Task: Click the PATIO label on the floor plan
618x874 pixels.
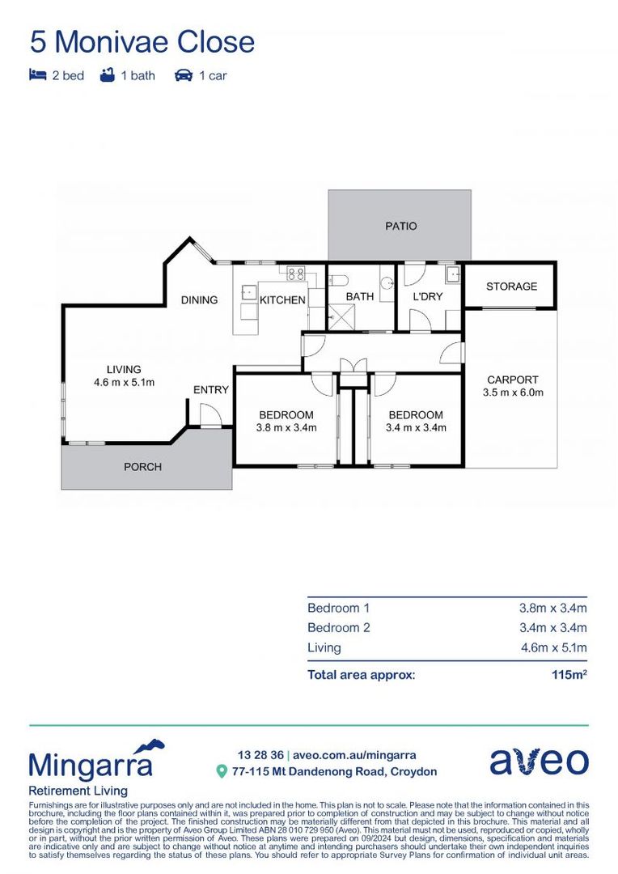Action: tap(400, 226)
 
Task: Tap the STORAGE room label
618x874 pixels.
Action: tap(511, 286)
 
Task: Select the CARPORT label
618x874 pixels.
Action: tap(512, 380)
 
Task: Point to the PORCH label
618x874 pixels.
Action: tap(142, 467)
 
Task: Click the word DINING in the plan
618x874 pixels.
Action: tap(199, 299)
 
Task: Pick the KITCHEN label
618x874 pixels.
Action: tap(282, 300)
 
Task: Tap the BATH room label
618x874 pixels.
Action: tap(360, 297)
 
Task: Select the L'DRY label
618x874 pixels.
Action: tap(428, 297)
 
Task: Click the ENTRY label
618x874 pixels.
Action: tap(211, 390)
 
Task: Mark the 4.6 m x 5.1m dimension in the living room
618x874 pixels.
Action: tap(124, 383)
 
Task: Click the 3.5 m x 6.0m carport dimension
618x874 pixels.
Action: tap(512, 392)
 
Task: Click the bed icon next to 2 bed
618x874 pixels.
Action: tap(37, 75)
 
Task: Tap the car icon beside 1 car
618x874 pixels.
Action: tap(184, 75)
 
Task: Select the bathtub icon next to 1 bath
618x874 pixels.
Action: tap(107, 75)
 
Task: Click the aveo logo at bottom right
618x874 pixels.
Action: tap(539, 762)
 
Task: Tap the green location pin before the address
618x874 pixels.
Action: tap(222, 772)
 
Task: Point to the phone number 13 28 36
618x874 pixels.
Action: tap(260, 755)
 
